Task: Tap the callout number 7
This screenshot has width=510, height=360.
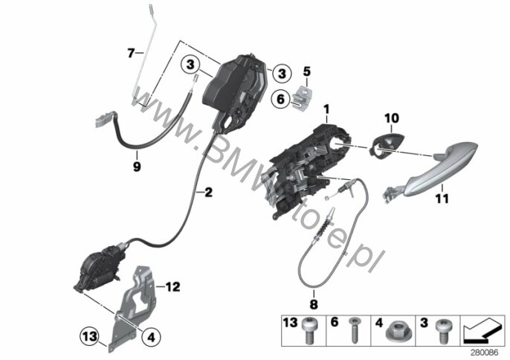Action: click(131, 52)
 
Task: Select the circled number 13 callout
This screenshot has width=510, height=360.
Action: click(90, 335)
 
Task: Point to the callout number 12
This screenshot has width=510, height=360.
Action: click(172, 287)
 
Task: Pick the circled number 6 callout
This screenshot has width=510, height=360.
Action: click(281, 98)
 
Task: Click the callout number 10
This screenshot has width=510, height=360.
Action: click(392, 118)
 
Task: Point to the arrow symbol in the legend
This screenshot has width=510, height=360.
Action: click(482, 331)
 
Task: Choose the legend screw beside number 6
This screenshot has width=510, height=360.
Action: click(353, 331)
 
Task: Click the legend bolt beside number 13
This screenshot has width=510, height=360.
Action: click(309, 331)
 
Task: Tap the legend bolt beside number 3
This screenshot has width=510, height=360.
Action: click(442, 331)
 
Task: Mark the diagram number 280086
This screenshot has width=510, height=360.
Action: click(485, 353)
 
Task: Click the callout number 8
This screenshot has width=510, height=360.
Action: click(313, 304)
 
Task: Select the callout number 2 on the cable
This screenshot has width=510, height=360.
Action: click(208, 192)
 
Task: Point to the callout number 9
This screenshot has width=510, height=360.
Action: click(137, 167)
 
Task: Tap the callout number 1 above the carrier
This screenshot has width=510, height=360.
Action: click(326, 109)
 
